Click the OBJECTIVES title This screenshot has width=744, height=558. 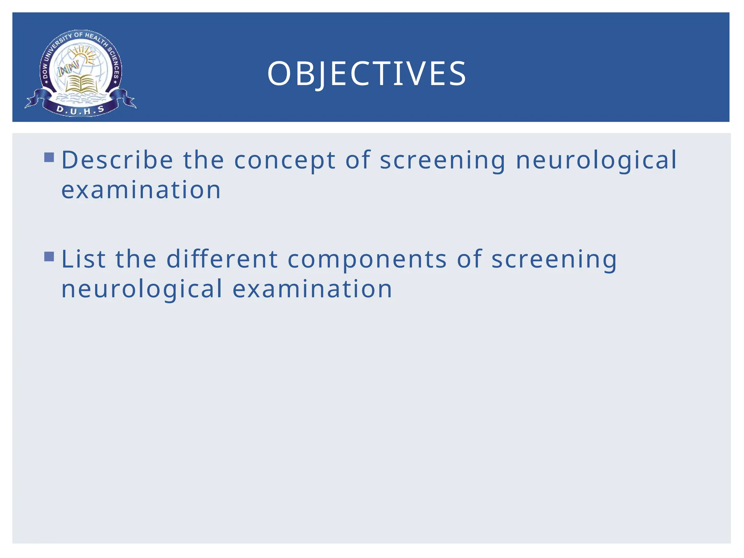[x=367, y=74]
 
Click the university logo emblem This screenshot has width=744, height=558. [x=81, y=73]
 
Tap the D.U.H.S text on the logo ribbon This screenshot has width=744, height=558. [x=81, y=110]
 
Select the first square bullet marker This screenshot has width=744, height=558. [x=49, y=157]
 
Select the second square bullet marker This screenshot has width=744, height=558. [x=49, y=256]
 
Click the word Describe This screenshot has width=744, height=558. [x=117, y=160]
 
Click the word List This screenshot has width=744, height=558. [x=84, y=259]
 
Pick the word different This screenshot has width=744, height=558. [x=222, y=259]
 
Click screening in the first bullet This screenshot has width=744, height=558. [x=442, y=161]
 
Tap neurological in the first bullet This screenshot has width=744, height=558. [x=597, y=161]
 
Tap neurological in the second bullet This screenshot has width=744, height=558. [x=142, y=290]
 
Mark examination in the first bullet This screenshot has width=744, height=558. [x=141, y=190]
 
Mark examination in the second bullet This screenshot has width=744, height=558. [x=312, y=290]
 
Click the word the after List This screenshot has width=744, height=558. [x=136, y=259]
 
